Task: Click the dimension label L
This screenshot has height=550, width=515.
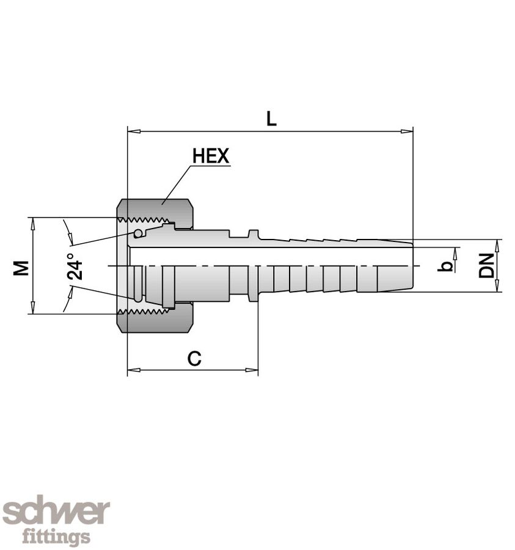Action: (271, 119)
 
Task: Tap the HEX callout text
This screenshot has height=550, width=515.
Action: (211, 156)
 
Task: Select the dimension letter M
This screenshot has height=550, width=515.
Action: (21, 267)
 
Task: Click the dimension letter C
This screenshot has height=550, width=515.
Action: (194, 359)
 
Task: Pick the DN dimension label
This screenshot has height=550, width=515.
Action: (486, 266)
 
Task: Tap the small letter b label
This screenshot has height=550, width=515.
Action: (447, 265)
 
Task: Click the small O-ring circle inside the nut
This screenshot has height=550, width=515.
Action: (139, 233)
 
